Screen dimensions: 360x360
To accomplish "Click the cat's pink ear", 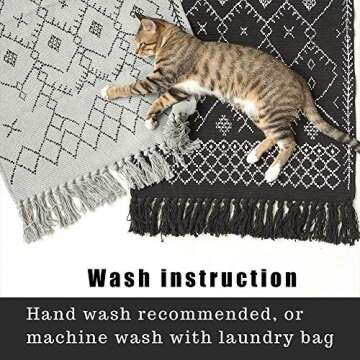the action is tap(148, 25).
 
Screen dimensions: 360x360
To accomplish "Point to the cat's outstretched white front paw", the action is tap(105, 93).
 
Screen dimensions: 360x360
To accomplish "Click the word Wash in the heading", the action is tap(119, 278).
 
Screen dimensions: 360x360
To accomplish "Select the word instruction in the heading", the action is tap(229, 278).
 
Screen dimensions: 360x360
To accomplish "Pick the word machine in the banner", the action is tap(67, 337).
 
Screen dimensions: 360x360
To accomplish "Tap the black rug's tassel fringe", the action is tap(243, 217).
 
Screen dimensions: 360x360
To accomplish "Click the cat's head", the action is tap(150, 38).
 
